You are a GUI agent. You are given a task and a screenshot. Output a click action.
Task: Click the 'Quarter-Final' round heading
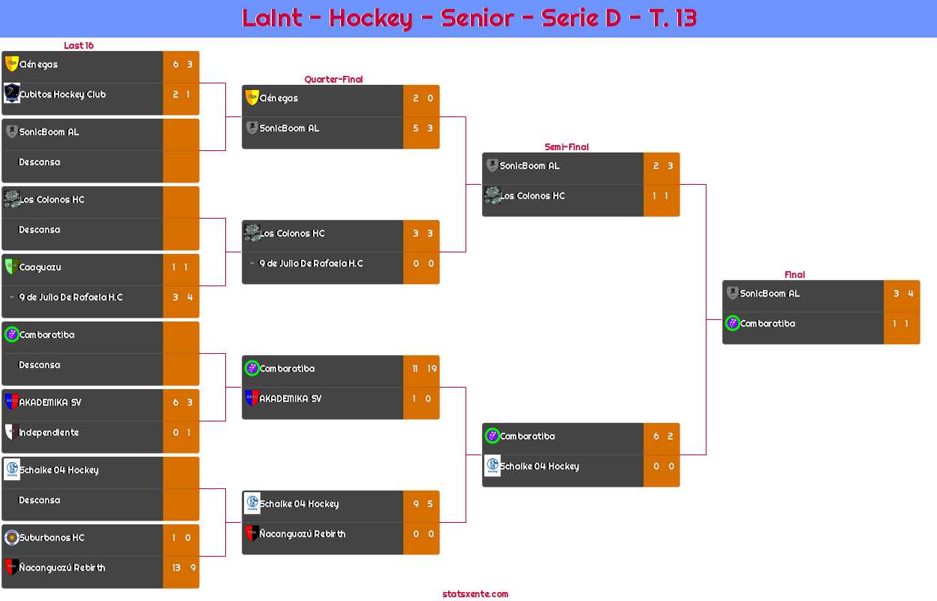[333, 79]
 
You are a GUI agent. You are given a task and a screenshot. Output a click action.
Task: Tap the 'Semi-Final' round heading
[566, 147]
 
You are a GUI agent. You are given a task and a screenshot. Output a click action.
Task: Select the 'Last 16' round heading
[79, 45]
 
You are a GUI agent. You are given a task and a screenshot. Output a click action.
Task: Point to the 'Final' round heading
[794, 274]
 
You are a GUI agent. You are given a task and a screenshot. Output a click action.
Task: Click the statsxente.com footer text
[475, 594]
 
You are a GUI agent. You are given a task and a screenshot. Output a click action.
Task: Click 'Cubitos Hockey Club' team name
[63, 95]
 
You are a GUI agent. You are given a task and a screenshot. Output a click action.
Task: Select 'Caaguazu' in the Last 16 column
[40, 267]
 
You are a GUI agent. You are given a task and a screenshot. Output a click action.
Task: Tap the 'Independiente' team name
[49, 432]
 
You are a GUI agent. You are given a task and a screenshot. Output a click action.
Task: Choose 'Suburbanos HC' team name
[52, 537]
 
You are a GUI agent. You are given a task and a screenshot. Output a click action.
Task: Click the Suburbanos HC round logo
[12, 537]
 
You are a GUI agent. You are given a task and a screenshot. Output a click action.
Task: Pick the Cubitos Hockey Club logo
[12, 93]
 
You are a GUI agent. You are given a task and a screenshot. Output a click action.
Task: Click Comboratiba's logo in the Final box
[733, 323]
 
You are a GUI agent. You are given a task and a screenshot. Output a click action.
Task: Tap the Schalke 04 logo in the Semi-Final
[493, 465]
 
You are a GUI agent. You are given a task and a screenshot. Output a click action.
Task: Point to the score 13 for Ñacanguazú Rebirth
[176, 567]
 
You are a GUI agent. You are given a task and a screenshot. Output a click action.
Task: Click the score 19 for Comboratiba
[432, 369]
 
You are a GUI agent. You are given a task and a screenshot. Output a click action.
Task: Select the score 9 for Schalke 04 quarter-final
[416, 504]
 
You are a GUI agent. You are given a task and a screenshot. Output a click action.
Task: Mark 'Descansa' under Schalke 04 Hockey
[39, 500]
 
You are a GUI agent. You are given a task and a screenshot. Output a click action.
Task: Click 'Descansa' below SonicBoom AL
[39, 162]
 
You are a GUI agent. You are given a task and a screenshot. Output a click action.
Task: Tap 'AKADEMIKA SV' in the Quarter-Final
[291, 399]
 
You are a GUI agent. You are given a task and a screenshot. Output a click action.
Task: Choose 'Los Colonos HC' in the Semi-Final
[532, 196]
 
